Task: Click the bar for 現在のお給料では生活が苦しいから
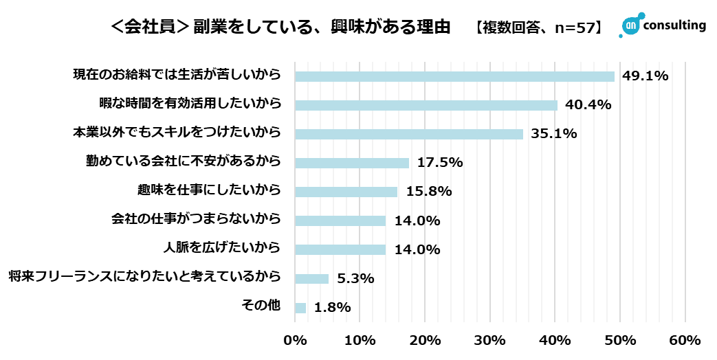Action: (454, 76)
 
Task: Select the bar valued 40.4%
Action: (426, 105)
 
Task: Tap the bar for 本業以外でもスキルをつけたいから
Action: (409, 134)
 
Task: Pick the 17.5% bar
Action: (352, 163)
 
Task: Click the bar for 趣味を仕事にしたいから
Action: (346, 192)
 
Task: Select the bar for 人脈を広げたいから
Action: (340, 249)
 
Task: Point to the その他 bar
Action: (300, 308)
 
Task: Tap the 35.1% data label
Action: (553, 134)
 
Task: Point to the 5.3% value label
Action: (355, 279)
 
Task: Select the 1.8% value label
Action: (333, 308)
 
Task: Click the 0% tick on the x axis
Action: (296, 340)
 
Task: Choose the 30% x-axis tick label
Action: (490, 340)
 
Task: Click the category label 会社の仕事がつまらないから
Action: (197, 221)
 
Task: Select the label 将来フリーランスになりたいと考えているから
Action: (145, 278)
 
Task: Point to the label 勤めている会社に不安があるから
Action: (184, 162)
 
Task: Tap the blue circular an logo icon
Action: (630, 25)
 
